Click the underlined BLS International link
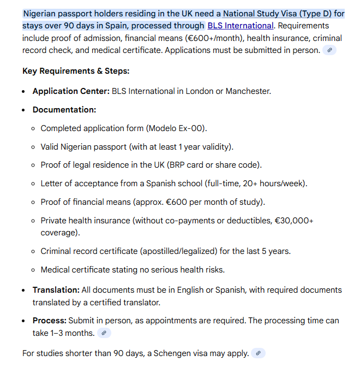point(240,26)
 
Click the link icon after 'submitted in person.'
point(329,50)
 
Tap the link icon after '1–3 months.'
point(104,333)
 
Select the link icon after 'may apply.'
point(259,353)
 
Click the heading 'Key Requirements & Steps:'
point(76,71)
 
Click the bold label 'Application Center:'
point(71,91)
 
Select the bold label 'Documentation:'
point(64,110)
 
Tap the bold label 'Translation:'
point(56,290)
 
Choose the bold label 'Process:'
point(49,320)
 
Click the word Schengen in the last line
point(172,353)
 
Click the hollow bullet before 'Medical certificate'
point(34,270)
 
